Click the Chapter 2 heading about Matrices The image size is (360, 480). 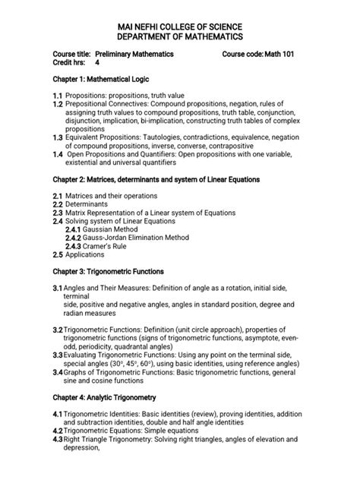(156, 180)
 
